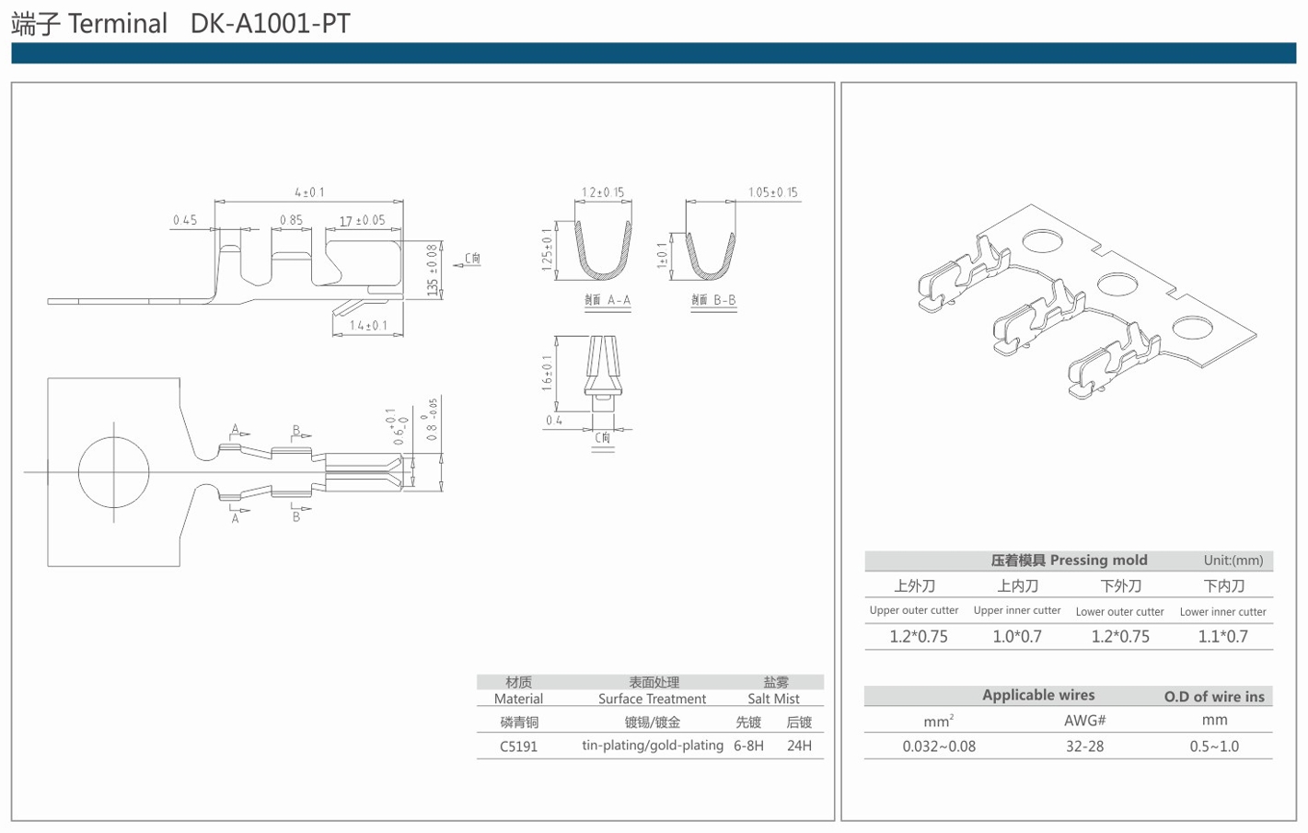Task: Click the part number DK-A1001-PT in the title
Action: tap(271, 23)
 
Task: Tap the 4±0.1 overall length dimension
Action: tap(309, 192)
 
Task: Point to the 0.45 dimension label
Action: tap(184, 220)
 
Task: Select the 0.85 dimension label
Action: tap(291, 220)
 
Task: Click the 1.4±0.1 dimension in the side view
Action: tap(368, 325)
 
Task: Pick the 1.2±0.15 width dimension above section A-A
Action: tap(603, 192)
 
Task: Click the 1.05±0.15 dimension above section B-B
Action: tap(772, 192)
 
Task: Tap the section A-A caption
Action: tap(608, 300)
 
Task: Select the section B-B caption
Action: tap(713, 300)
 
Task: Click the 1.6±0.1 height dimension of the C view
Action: tap(547, 373)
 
